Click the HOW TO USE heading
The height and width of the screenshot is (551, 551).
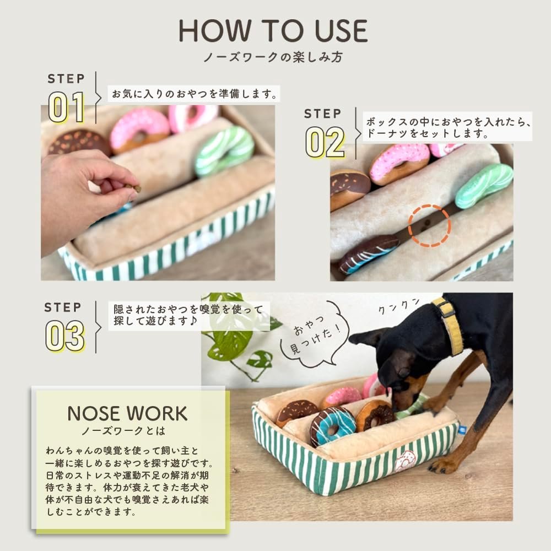coord(273,31)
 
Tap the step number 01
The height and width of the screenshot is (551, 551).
coord(67,107)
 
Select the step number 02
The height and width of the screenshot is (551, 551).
coord(325,142)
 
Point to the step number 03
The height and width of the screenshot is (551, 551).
coord(65,336)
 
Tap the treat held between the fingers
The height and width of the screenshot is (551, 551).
coord(136,188)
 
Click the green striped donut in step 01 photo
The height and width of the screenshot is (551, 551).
coord(225,151)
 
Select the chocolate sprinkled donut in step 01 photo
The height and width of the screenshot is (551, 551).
coord(79,142)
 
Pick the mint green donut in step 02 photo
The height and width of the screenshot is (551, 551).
coord(484,185)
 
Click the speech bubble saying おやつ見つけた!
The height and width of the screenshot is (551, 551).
coord(314,334)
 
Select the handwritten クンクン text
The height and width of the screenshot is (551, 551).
coord(399,305)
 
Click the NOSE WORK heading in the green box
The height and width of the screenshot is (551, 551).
coord(127,414)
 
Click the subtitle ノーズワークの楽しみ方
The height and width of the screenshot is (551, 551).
coord(273,57)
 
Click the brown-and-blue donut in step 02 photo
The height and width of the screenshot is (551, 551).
coord(369,253)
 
